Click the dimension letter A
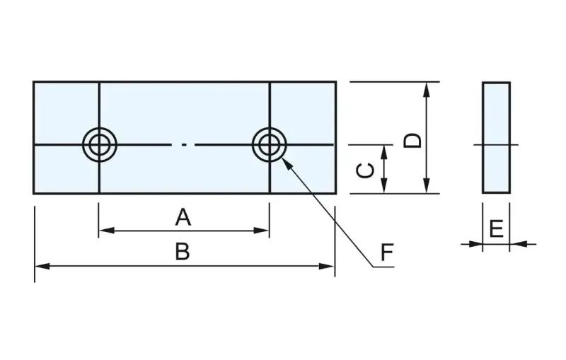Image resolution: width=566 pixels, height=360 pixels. coord(183,218)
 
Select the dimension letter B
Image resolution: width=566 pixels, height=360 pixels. coord(183,251)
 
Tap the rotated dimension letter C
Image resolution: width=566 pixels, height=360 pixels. coord(365,170)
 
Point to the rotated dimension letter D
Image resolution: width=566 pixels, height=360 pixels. coord(412,141)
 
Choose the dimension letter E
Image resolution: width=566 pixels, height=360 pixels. coord(497,228)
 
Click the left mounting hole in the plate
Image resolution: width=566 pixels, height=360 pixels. coord(100,145)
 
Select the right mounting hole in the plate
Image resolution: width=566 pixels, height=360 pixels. coord(270,145)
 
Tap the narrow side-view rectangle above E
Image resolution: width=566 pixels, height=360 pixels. coord(496,137)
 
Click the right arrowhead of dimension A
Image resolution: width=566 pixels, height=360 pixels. coord(261,230)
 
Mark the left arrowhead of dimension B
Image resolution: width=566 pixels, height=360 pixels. coord(42,267)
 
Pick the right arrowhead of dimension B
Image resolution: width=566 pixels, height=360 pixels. coord(327,267)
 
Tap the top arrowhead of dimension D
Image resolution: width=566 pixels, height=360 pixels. coord(427,91)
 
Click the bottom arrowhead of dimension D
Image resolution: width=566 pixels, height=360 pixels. coord(427,185)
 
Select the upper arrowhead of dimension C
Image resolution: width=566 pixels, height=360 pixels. coord(384,153)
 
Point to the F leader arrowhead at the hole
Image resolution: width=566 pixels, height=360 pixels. coord(287,163)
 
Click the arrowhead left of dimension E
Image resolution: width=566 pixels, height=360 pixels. coord(475,244)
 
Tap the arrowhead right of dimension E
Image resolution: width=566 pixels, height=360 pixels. coord(518,244)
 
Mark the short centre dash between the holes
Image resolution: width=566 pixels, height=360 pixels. coord(184,145)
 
